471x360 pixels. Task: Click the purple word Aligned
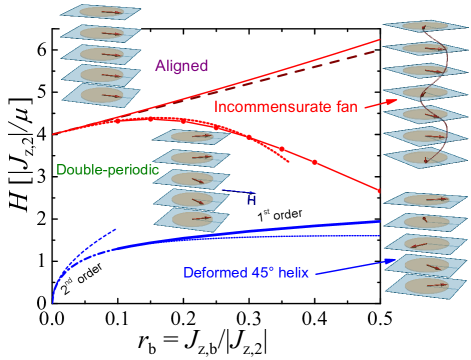(181, 66)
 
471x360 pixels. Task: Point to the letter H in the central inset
(251, 200)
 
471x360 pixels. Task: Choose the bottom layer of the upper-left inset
(100, 94)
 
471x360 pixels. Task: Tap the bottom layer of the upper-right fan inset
(424, 158)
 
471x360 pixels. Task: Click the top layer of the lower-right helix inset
(426, 197)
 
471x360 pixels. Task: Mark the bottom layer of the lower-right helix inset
(426, 288)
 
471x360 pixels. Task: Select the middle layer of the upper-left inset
(100, 54)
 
